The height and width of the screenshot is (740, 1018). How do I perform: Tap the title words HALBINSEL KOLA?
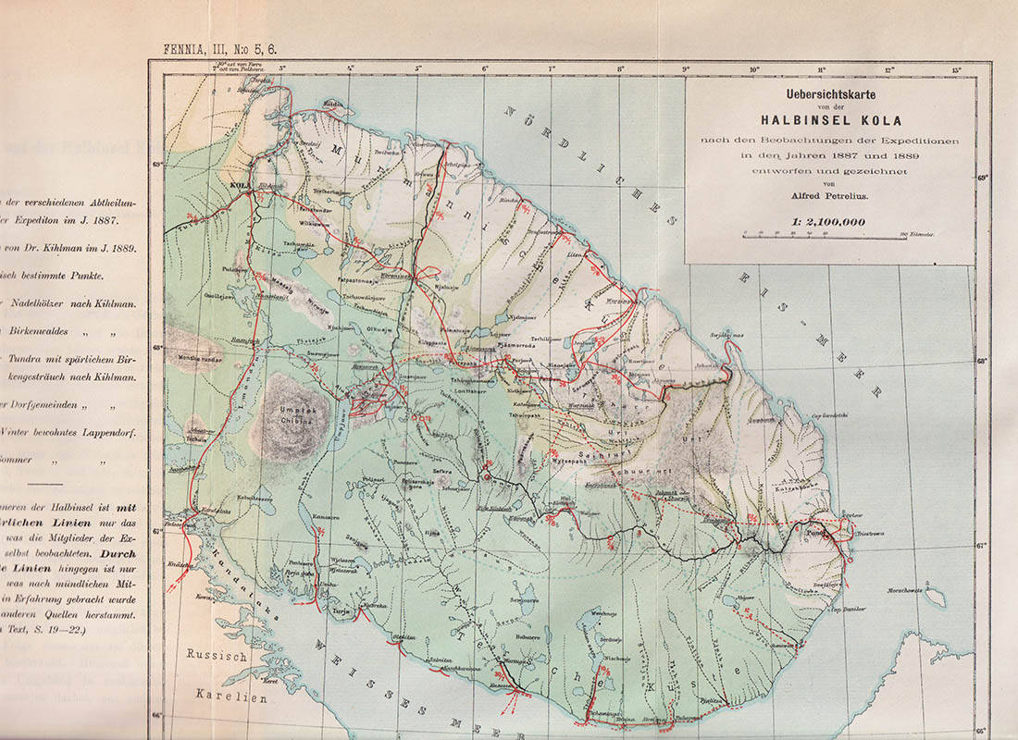[829, 118]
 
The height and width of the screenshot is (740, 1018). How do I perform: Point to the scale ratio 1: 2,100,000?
[828, 222]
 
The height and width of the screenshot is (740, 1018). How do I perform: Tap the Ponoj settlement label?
[813, 533]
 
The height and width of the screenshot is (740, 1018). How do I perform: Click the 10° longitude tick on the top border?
[754, 68]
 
